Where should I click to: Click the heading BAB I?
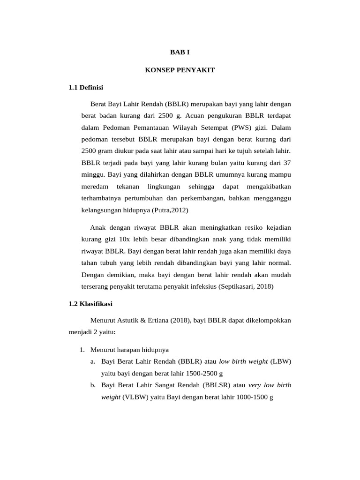point(180,53)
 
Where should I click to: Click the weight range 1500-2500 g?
point(195,374)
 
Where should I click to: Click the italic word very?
point(255,385)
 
